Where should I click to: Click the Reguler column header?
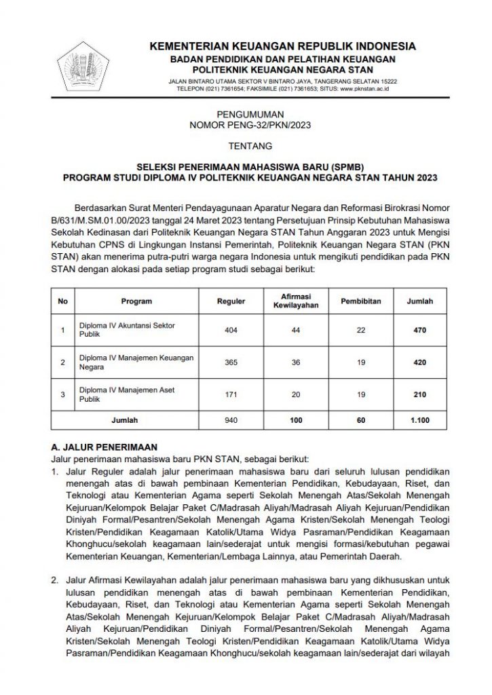point(231,301)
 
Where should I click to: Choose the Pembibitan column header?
point(361,301)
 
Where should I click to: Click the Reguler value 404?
point(231,331)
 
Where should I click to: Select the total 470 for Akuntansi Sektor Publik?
point(419,331)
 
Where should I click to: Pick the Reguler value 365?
point(231,362)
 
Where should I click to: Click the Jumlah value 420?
point(419,362)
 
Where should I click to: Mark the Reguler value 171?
point(231,395)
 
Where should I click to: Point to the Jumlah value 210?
point(419,395)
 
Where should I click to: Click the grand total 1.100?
point(419,421)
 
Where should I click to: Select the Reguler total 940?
point(231,421)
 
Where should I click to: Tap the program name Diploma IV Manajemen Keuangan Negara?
point(136,362)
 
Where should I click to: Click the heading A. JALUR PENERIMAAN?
point(105,448)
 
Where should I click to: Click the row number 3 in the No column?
point(63,395)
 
